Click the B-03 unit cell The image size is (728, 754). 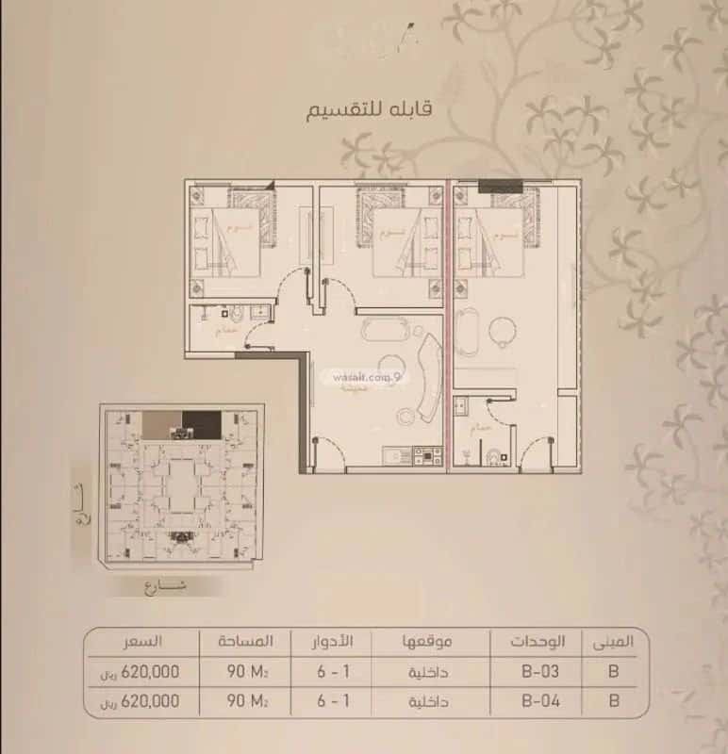tap(542, 673)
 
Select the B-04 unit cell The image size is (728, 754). tap(542, 702)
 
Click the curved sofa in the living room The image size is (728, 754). tap(426, 377)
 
